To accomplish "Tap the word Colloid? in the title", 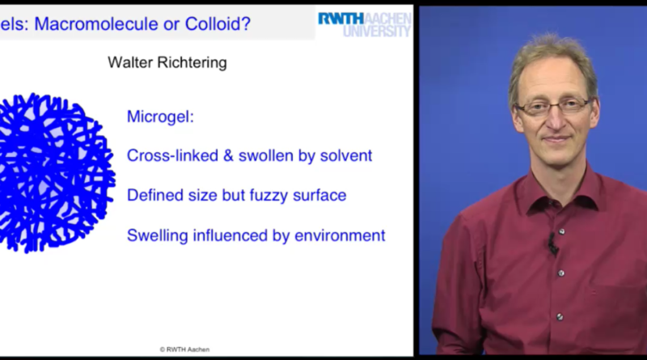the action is (x=218, y=24).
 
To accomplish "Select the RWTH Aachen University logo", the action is (x=365, y=25).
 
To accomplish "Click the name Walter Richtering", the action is (x=167, y=63).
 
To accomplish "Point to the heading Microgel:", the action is (x=160, y=116).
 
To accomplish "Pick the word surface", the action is (x=319, y=195).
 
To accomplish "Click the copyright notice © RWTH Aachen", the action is (x=184, y=349).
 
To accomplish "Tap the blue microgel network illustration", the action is (x=56, y=172).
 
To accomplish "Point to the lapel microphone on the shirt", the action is (x=552, y=244).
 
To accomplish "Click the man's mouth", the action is (x=556, y=139).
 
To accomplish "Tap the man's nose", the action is (x=554, y=119).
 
